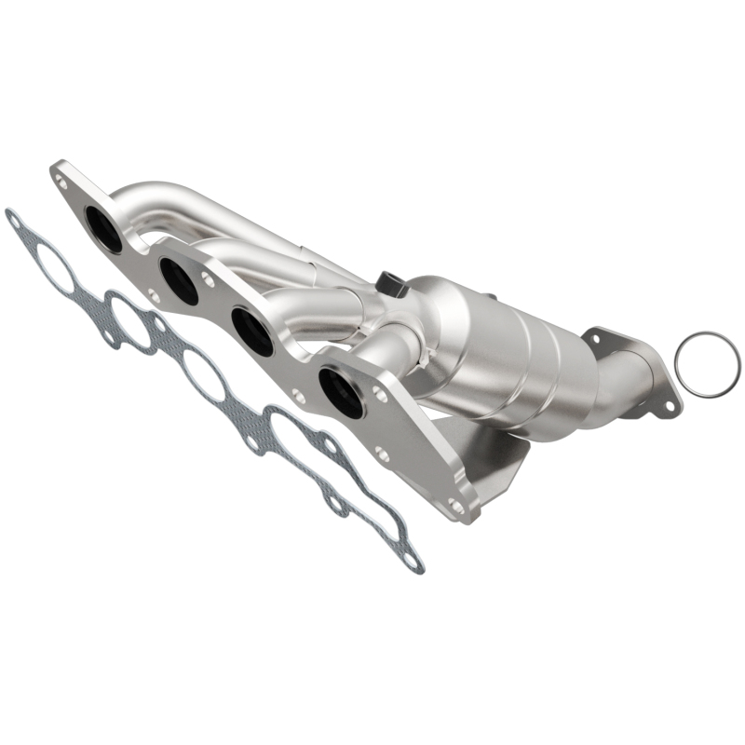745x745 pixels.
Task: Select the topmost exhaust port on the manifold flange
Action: (103, 229)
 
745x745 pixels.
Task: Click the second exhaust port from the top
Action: (178, 281)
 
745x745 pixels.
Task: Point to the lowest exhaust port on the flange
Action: (339, 391)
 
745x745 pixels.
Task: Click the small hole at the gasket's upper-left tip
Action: (13, 218)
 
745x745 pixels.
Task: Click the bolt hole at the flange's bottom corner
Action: (455, 506)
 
